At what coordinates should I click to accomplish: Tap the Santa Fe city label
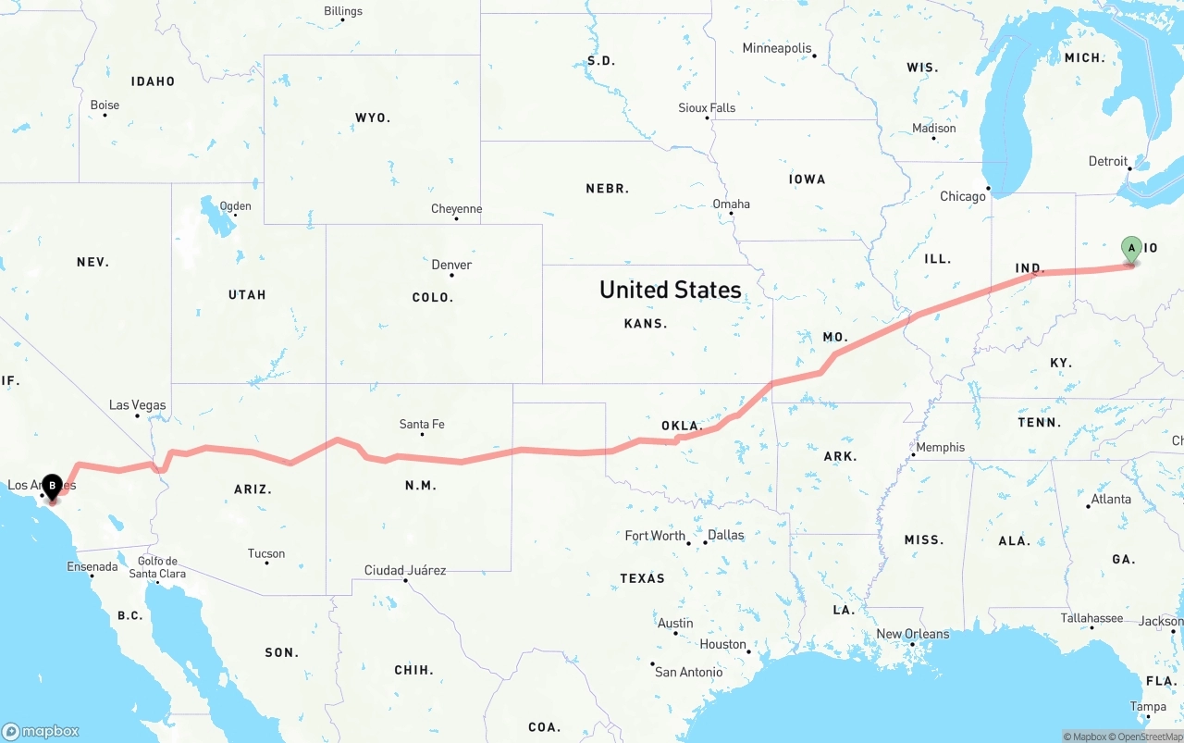422,424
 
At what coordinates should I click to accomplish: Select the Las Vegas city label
138,405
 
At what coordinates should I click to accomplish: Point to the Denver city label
451,265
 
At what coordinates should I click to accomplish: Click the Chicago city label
963,196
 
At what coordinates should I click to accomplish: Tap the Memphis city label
940,447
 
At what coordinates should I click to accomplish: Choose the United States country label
671,290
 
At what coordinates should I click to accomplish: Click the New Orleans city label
912,634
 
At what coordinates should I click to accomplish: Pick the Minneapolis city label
777,48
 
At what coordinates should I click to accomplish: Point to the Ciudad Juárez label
405,570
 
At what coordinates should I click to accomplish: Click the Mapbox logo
41,731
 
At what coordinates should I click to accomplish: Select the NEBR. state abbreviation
607,189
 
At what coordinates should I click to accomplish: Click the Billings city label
343,11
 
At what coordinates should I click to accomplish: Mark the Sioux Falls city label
707,107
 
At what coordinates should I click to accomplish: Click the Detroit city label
1108,161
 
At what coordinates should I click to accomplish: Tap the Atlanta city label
1111,499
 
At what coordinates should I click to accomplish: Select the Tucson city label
266,553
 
